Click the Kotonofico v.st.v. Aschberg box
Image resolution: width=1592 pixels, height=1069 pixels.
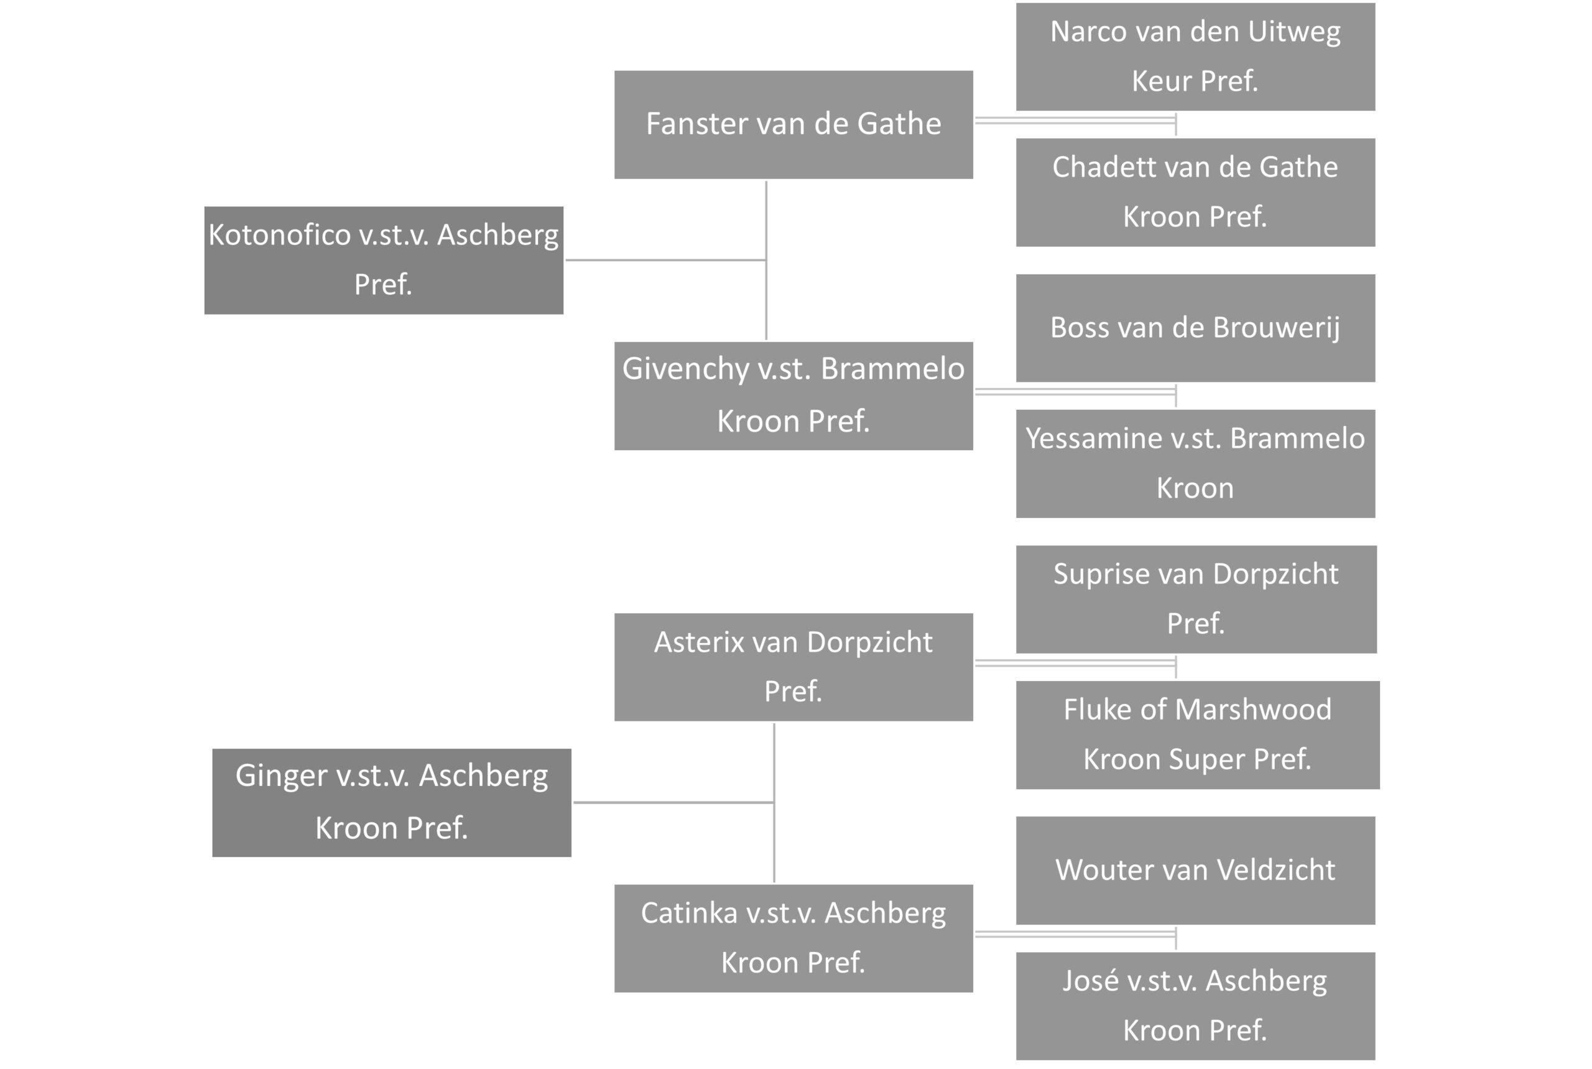point(384,261)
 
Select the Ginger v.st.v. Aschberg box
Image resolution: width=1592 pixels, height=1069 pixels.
point(392,802)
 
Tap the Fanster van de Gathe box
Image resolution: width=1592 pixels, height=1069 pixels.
point(794,125)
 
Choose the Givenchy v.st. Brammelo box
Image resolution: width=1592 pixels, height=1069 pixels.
point(794,396)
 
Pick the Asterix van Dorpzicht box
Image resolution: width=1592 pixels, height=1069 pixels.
point(794,667)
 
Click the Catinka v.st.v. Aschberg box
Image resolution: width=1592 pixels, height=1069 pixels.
point(794,938)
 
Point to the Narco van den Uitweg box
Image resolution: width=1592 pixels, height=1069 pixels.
point(1196,57)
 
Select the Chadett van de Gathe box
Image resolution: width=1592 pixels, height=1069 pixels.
point(1196,192)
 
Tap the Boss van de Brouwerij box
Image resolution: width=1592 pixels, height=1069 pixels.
point(1196,328)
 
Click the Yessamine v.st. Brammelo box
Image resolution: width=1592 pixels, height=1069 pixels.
point(1196,463)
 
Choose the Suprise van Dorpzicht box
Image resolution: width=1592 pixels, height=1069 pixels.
point(1196,599)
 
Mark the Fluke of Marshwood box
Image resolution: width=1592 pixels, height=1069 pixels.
point(1198,735)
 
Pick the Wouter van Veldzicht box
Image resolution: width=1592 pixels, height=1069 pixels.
point(1196,871)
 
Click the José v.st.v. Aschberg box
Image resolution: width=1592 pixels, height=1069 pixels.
point(1196,1006)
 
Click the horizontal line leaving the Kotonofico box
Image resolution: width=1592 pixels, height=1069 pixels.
point(666,260)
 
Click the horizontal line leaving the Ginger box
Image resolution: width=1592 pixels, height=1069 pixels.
point(674,802)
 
